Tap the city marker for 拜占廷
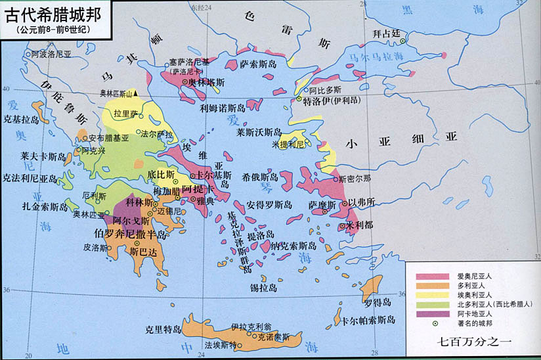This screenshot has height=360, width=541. [x=403, y=41]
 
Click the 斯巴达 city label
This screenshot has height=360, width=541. [x=144, y=251]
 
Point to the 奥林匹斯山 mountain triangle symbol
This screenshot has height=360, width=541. [x=136, y=93]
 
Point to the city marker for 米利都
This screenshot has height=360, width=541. [x=343, y=225]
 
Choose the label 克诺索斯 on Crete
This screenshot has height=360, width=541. [x=272, y=336]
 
